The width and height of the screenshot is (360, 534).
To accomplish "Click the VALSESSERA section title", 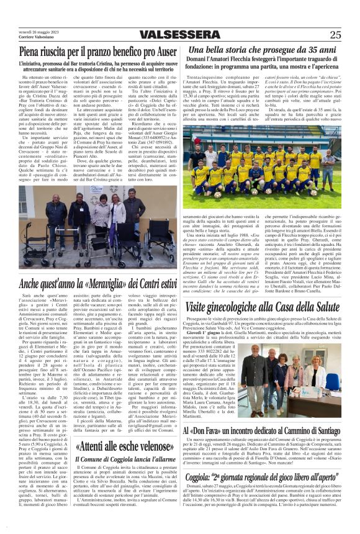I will [x=179, y=35].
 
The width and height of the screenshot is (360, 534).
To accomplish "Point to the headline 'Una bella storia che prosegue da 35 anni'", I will [x=263, y=50].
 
